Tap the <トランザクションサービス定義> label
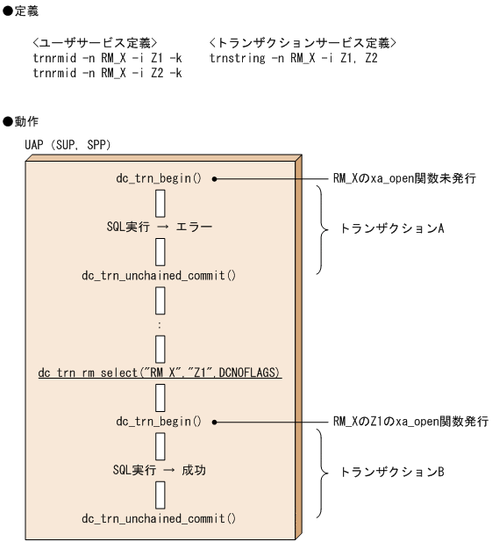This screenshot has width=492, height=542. tap(303, 42)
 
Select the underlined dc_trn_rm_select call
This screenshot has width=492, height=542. tap(159, 372)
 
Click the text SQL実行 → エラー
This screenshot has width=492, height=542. tap(159, 225)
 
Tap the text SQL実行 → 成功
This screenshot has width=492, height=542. tap(159, 470)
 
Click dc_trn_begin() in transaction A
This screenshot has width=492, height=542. tap(159, 177)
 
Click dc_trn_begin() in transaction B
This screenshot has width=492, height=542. tap(159, 422)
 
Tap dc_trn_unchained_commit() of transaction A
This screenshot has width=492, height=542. tap(159, 274)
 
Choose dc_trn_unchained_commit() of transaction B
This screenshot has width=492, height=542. tap(159, 519)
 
